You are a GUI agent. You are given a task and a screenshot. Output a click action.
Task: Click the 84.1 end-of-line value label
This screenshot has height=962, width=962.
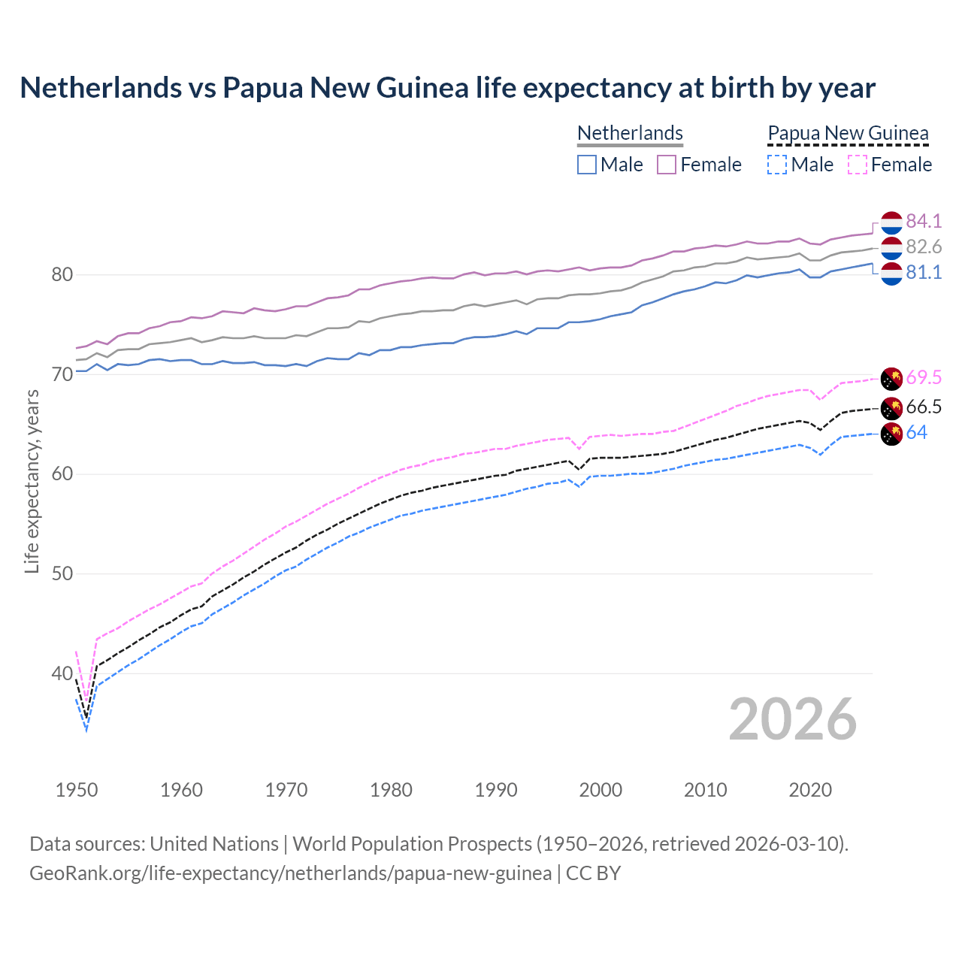pos(924,221)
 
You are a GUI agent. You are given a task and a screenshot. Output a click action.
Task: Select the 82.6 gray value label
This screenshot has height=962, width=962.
pos(924,247)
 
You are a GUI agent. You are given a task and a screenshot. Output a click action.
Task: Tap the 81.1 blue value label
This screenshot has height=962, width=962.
pos(924,272)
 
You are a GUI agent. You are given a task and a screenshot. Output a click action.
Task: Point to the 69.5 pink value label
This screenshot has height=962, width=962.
pos(924,377)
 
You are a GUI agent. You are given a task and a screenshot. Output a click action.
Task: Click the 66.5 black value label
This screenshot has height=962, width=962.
pos(924,407)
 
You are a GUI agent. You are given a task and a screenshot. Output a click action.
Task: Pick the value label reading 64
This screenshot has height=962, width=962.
pos(916,432)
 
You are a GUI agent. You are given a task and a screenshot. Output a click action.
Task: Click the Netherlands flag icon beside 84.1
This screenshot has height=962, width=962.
pos(891,222)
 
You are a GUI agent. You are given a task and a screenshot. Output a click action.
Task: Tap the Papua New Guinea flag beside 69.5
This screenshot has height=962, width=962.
pos(891,378)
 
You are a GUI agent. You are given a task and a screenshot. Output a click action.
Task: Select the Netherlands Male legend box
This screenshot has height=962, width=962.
pos(587,165)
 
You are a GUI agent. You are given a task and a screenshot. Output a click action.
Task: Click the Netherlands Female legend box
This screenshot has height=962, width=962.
pos(667,165)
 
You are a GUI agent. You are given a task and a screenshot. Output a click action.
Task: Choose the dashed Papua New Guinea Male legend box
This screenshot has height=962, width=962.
pos(777,165)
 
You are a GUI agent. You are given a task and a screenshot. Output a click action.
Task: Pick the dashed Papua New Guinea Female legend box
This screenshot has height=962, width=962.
pos(857,165)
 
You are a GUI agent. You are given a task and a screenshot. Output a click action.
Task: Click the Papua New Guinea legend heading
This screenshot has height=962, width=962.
pos(848,133)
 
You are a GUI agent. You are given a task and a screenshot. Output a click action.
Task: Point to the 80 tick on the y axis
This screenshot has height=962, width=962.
pos(62,275)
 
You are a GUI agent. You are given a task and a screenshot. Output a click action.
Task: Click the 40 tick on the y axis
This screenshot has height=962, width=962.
pos(62,674)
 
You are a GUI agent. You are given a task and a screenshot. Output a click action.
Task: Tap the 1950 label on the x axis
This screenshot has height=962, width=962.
pos(77,790)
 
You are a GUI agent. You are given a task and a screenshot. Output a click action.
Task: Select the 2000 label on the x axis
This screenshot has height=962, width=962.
pos(600,790)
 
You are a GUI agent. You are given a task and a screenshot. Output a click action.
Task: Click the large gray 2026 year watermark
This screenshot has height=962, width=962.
pos(792,719)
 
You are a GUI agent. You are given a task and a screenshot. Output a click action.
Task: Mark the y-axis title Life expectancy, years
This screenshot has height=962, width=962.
pos(32,481)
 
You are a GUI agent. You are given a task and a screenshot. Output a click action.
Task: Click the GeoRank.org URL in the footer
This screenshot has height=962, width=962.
pos(290,873)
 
